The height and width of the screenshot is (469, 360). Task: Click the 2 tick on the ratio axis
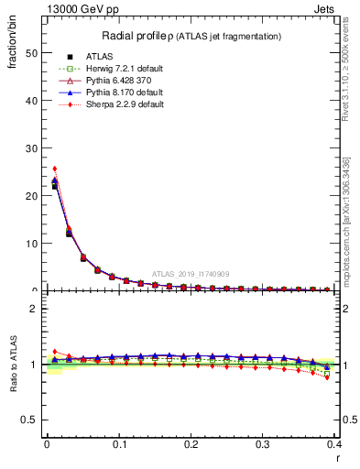[x=36, y=309]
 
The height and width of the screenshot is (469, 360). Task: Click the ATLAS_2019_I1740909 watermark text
[x=192, y=274]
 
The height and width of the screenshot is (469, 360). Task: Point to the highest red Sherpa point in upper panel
[x=54, y=169]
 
